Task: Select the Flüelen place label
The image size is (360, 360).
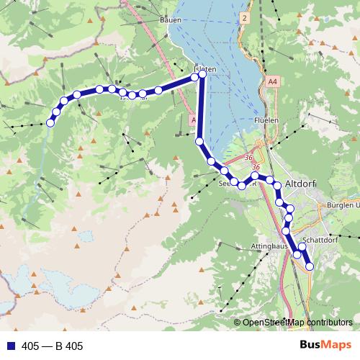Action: [x=266, y=120]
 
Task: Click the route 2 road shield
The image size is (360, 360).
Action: [x=245, y=16]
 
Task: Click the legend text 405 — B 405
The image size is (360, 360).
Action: [x=53, y=346]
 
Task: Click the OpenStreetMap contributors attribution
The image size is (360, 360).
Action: [x=297, y=323]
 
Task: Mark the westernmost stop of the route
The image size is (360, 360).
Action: [x=50, y=123]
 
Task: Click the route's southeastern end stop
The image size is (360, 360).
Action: [x=310, y=266]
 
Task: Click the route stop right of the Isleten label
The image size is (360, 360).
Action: [x=202, y=73]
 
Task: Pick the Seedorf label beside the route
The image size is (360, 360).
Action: [x=227, y=184]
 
